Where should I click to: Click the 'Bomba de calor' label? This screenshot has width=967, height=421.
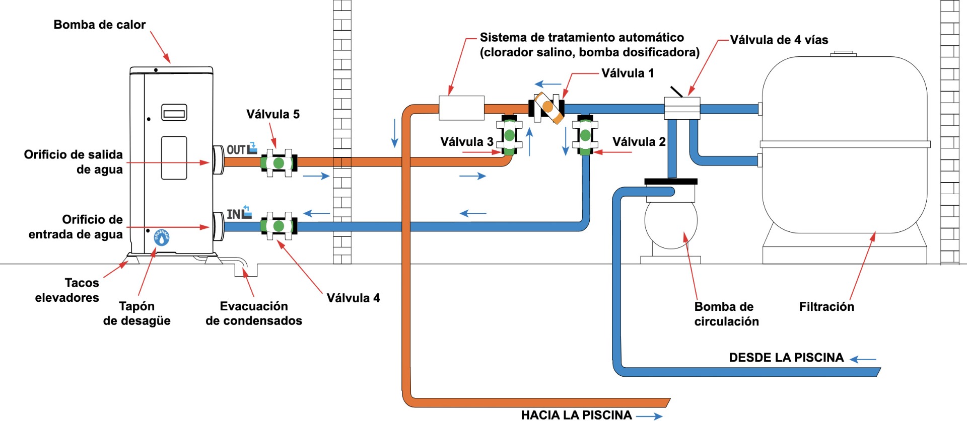(99, 25)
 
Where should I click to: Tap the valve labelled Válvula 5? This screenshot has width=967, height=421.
(279, 163)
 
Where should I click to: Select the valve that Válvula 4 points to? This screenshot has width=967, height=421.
(279, 226)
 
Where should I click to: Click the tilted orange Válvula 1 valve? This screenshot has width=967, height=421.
(548, 107)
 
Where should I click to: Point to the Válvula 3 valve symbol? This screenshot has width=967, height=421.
(509, 135)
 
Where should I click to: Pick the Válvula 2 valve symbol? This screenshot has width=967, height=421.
(585, 135)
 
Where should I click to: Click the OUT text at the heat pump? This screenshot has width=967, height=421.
(236, 149)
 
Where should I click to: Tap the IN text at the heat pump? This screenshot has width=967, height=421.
(233, 214)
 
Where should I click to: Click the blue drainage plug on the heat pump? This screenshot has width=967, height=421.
(161, 238)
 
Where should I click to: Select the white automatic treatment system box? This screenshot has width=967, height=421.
(461, 108)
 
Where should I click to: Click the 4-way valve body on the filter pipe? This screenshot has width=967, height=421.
(682, 108)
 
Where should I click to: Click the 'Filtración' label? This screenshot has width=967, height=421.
(826, 307)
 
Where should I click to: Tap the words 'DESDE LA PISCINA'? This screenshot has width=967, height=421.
(786, 358)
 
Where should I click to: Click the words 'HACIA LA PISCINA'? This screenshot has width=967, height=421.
(576, 415)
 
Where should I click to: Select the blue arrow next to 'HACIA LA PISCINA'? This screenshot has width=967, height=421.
(649, 416)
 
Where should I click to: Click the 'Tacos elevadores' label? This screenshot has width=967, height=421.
(67, 290)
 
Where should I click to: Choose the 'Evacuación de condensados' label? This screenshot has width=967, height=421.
(254, 313)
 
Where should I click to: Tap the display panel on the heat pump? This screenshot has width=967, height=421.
(174, 113)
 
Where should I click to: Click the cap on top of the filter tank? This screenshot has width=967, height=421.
(844, 53)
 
